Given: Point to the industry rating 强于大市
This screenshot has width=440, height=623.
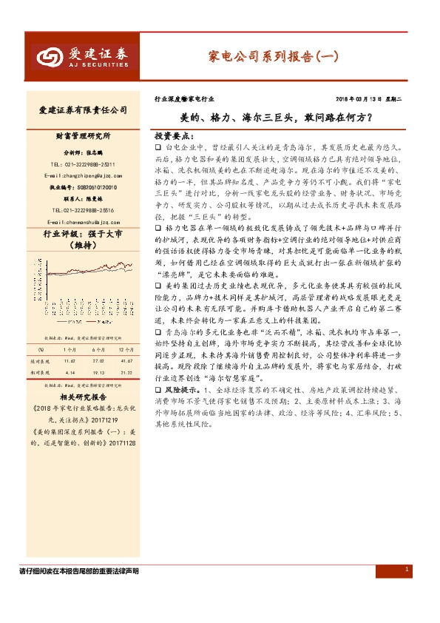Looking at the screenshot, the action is (x=102, y=235).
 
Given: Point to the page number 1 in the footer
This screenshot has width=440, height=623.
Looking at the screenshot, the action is (x=407, y=568).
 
